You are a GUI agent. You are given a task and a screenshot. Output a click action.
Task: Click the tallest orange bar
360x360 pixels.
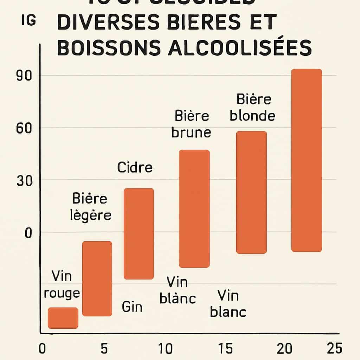point(307,160)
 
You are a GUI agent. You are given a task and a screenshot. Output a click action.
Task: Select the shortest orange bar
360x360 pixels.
point(63,318)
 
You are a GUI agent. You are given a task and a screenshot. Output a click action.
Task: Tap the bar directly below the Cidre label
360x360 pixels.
point(139,234)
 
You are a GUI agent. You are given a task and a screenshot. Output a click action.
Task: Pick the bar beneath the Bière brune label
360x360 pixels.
point(194,208)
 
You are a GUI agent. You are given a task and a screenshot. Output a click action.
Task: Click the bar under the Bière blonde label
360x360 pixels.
point(251,192)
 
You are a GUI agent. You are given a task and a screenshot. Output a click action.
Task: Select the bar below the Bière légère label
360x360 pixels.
point(97,278)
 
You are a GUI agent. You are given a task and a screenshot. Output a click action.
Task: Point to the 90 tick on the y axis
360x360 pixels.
point(24,76)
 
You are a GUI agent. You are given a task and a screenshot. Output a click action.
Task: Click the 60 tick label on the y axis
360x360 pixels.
point(24,128)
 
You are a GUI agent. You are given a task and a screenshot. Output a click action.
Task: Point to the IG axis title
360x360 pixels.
point(28,21)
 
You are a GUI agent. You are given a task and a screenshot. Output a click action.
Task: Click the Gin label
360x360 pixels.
point(132,307)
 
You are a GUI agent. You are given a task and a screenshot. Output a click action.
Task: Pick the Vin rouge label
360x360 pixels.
point(62,284)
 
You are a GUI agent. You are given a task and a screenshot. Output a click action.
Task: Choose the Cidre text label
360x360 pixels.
point(135,167)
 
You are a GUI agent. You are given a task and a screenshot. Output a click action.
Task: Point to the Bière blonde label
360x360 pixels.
point(253,107)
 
